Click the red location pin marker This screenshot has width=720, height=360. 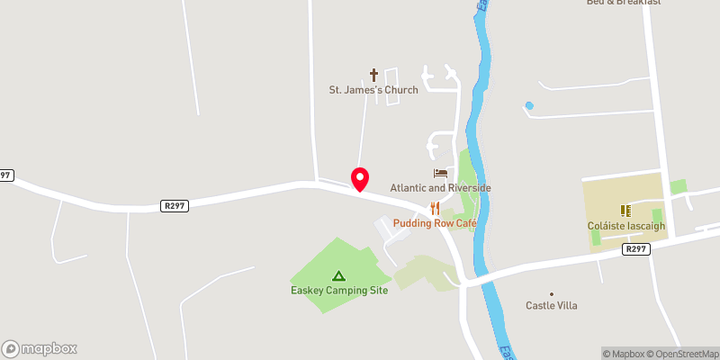point(360,178)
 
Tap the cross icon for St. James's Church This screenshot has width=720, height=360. point(374,75)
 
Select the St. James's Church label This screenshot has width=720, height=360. point(373,90)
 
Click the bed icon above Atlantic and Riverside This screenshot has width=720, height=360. point(440,173)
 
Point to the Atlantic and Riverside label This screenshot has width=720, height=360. point(440,187)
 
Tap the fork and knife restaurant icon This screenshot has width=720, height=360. point(435,209)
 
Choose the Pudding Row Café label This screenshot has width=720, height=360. point(433,222)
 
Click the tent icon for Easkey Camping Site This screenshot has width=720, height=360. point(338,275)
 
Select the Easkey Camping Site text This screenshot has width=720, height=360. point(338,291)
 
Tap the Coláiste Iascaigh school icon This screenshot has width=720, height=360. point(625,211)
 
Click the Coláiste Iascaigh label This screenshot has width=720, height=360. point(625,226)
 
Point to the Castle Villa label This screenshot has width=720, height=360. point(552,306)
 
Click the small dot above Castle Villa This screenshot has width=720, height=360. point(552,293)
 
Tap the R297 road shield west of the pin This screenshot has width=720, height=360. point(175,205)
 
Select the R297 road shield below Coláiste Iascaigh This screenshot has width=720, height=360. point(636,249)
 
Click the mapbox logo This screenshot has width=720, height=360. point(40,348)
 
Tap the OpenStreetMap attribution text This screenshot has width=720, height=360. point(683,354)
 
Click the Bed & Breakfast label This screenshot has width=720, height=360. point(624,3)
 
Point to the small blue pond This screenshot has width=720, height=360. point(529,106)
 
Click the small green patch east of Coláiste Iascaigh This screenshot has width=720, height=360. point(678,186)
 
